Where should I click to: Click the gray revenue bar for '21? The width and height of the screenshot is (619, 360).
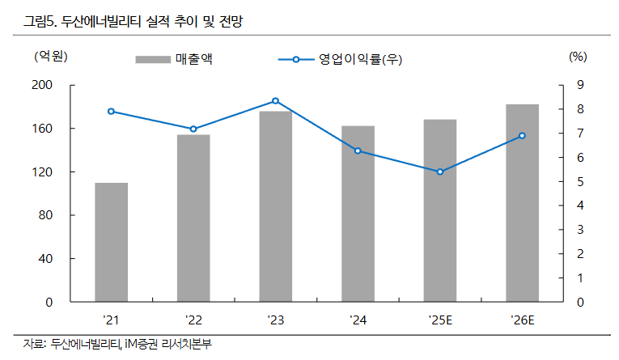[x=111, y=243]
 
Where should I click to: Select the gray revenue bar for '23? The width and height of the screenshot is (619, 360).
[x=275, y=207]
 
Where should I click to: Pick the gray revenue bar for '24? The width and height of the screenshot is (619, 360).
[x=358, y=214]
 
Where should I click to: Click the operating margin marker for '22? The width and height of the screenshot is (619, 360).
[x=193, y=129]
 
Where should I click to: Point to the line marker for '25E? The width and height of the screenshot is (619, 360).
[x=439, y=172]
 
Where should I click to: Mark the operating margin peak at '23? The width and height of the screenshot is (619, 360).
[x=275, y=101]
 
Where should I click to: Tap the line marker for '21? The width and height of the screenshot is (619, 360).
[x=111, y=112]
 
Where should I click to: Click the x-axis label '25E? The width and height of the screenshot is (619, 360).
[x=439, y=320]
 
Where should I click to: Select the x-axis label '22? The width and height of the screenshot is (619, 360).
[x=193, y=320]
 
